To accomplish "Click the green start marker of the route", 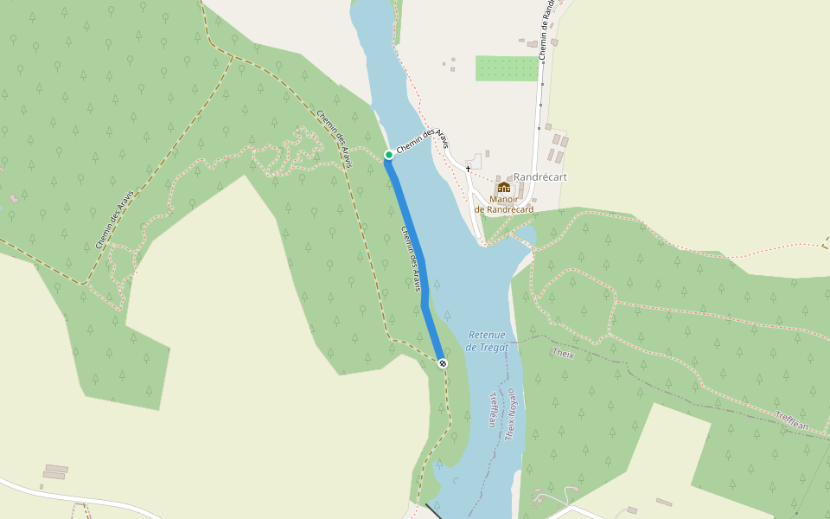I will coord(389,155).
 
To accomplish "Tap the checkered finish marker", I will coord(443,363).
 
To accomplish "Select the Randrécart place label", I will coord(539,177).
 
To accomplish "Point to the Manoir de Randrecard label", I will coord(503,204).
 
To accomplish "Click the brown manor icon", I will coord(503,187).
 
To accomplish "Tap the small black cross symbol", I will coord(468,168).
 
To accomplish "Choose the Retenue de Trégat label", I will coord(490,341).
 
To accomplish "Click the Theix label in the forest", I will coord(562,353).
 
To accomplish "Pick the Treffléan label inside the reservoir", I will coord(494,409).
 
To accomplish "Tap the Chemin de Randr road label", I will coord(545,30).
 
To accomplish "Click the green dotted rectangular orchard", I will coord(507,68).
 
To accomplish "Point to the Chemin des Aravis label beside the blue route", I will coord(415,258).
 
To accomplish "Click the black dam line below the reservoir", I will coord(432,511).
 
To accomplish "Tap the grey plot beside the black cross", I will coord(474,161).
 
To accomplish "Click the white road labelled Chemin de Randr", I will coord(539,112).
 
